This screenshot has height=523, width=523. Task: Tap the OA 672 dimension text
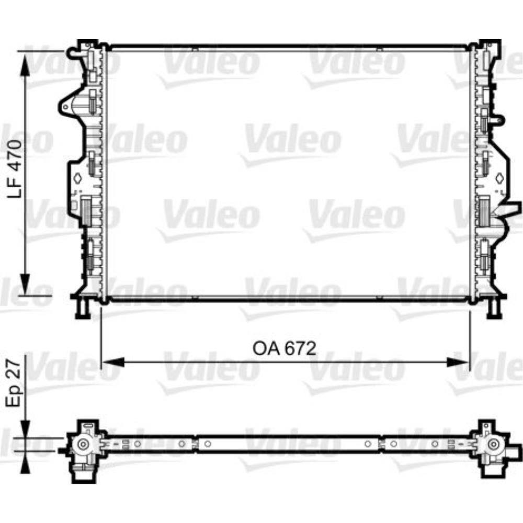coord(285,348)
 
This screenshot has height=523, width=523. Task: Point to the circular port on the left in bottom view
coord(83,445)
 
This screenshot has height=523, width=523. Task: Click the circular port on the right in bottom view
coord(492,445)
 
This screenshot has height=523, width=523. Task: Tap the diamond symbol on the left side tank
coord(77,179)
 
